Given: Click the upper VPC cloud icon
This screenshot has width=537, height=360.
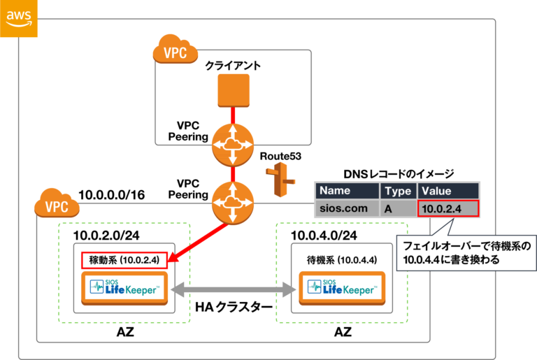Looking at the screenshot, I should click(175, 51).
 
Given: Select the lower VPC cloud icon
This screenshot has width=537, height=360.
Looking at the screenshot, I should click(57, 206).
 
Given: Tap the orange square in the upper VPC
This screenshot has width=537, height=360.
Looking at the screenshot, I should click(233, 89).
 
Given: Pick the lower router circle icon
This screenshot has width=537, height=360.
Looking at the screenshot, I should click(233, 203).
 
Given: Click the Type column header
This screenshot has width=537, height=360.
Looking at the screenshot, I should click(399, 191).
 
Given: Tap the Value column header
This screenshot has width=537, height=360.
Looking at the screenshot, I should click(447, 191).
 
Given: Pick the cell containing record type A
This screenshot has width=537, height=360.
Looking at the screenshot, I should click(399, 208).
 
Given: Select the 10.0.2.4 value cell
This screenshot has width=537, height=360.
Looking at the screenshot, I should click(447, 208).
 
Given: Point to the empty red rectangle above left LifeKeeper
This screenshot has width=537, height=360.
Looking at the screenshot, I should click(124, 260).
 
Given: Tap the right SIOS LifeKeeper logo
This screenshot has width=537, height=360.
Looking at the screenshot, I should click(341, 288).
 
